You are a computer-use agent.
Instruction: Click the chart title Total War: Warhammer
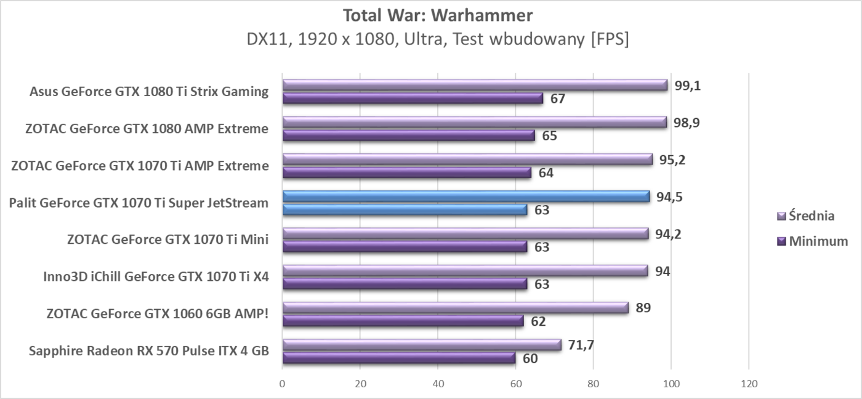438,15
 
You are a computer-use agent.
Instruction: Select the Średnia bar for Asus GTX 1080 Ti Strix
474,85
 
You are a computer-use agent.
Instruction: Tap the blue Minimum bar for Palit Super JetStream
405,210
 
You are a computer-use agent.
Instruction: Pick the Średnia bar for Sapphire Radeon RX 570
421,345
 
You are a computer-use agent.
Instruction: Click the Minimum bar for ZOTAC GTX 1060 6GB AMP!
403,321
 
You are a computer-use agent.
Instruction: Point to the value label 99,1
688,85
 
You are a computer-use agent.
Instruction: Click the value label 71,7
581,345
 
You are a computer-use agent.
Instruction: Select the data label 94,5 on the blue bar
670,197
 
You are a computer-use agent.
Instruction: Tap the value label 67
558,99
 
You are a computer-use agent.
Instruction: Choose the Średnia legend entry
807,216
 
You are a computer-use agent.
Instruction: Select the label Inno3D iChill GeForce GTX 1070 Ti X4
156,276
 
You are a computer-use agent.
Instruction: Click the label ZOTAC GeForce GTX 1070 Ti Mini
167,240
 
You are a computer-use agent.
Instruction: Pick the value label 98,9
687,122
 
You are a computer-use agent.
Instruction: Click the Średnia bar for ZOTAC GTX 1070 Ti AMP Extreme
467,159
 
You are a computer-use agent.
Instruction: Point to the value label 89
642,308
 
